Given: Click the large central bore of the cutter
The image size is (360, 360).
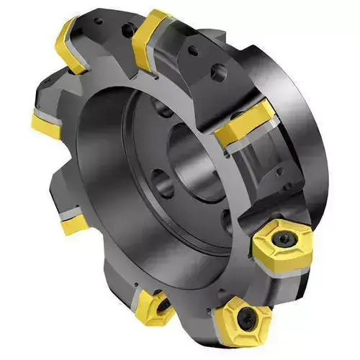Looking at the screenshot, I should tap(192, 169).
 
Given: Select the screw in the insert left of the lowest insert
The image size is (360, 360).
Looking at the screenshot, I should tap(160, 305).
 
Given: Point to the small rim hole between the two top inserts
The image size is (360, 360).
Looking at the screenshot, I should tap(127, 32).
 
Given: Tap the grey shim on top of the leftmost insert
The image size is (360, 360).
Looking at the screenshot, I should tap(48, 113).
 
